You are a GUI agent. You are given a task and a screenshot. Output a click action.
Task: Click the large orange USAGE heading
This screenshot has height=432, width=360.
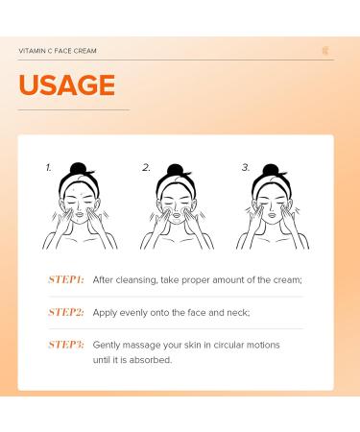click(x=67, y=84)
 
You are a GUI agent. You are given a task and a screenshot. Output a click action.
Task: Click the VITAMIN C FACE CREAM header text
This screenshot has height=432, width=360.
click(x=58, y=51)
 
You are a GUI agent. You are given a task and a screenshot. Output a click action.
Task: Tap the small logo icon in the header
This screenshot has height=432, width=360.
click(x=325, y=51)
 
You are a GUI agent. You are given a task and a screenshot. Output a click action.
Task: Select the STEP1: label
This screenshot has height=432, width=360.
click(x=66, y=279)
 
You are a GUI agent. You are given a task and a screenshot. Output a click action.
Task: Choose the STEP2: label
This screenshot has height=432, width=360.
click(x=66, y=312)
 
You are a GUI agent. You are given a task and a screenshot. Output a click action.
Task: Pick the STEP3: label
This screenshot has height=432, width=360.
click(x=66, y=345)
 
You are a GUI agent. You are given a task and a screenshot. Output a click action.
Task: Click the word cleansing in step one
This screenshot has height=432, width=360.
click(x=136, y=280)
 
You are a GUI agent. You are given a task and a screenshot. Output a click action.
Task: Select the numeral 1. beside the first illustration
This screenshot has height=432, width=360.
click(x=49, y=167)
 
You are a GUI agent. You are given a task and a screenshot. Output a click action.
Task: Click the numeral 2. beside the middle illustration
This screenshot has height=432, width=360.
click(x=146, y=167)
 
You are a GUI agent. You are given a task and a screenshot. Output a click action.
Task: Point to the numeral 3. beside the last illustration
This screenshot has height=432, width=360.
click(x=246, y=167)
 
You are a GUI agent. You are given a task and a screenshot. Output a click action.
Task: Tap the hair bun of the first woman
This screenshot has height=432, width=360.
click(x=78, y=168)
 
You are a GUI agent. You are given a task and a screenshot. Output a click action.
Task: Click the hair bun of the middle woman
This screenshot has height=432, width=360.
click(x=175, y=170)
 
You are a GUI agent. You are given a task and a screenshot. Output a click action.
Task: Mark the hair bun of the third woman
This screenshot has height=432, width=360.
click(x=271, y=170)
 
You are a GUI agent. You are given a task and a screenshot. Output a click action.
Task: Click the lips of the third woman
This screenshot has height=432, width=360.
click(x=272, y=215)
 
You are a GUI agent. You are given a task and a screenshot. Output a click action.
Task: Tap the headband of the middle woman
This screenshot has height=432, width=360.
click(x=177, y=186)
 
